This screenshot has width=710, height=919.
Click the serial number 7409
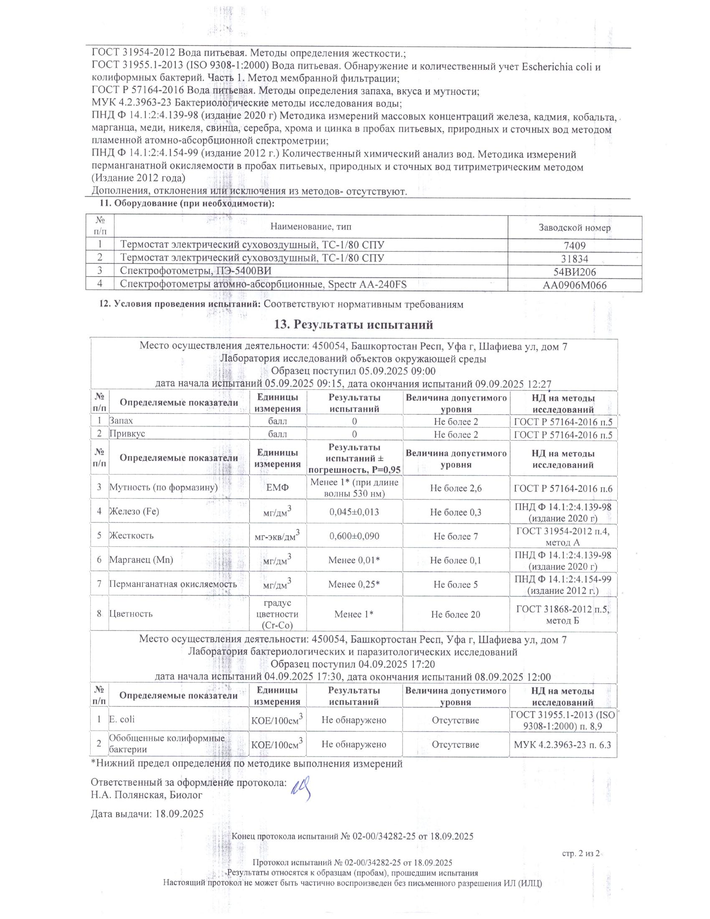click(575, 246)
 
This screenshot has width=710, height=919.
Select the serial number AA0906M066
click(575, 285)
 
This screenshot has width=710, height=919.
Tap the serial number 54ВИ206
click(575, 272)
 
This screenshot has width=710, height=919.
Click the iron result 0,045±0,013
click(354, 512)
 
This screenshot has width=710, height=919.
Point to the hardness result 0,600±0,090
click(354, 536)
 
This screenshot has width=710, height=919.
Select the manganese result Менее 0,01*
click(354, 560)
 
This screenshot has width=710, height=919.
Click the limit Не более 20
click(456, 615)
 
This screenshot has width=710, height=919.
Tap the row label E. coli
click(122, 719)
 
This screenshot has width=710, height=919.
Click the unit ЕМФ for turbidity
click(278, 488)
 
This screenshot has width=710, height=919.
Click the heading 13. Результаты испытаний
click(353, 325)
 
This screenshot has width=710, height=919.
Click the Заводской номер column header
click(575, 228)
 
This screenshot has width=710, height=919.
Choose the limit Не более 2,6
click(456, 488)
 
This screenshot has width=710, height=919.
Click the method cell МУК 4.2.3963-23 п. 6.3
click(563, 744)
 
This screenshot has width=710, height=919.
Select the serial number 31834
click(575, 259)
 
